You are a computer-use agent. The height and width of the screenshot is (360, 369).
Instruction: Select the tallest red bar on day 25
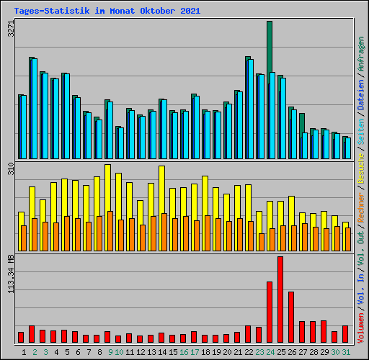[x=280, y=299]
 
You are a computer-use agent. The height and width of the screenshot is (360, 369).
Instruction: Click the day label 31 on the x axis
[x=346, y=352]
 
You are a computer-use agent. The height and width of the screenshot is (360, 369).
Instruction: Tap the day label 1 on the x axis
[x=24, y=352]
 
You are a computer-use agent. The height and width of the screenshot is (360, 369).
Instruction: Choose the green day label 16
[x=184, y=352]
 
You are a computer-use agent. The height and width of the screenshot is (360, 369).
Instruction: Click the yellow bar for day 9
[x=107, y=187]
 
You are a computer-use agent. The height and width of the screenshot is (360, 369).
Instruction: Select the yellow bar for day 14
[x=161, y=189]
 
